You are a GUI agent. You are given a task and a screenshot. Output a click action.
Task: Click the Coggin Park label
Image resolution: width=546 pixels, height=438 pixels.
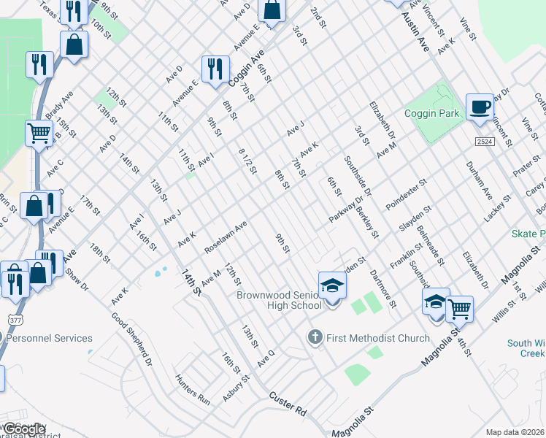pyautogui.click(x=433, y=113)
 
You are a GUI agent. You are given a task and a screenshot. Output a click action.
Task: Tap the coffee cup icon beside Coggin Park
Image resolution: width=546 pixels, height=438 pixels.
pyautogui.click(x=479, y=107)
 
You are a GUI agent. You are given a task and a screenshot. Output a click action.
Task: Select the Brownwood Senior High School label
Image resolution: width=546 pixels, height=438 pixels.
pyautogui.click(x=278, y=300)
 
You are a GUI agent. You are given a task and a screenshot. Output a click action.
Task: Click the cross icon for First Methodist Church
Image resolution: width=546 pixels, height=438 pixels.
pyautogui.click(x=315, y=337)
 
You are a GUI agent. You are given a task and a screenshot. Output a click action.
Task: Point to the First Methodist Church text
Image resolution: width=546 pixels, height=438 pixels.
pyautogui.click(x=368, y=338)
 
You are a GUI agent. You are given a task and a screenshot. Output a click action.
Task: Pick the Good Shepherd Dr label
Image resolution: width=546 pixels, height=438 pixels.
pyautogui.click(x=131, y=339)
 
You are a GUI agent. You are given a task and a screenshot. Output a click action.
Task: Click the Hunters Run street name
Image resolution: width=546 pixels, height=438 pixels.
pyautogui.click(x=192, y=390)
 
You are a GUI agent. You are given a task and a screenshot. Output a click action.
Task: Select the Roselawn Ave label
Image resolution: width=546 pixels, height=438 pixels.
pyautogui.click(x=226, y=237)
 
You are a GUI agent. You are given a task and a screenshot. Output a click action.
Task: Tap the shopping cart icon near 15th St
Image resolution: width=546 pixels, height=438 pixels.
pyautogui.click(x=39, y=134)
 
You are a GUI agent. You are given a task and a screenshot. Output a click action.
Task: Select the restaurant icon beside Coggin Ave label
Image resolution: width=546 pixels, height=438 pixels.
pyautogui.click(x=215, y=69)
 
